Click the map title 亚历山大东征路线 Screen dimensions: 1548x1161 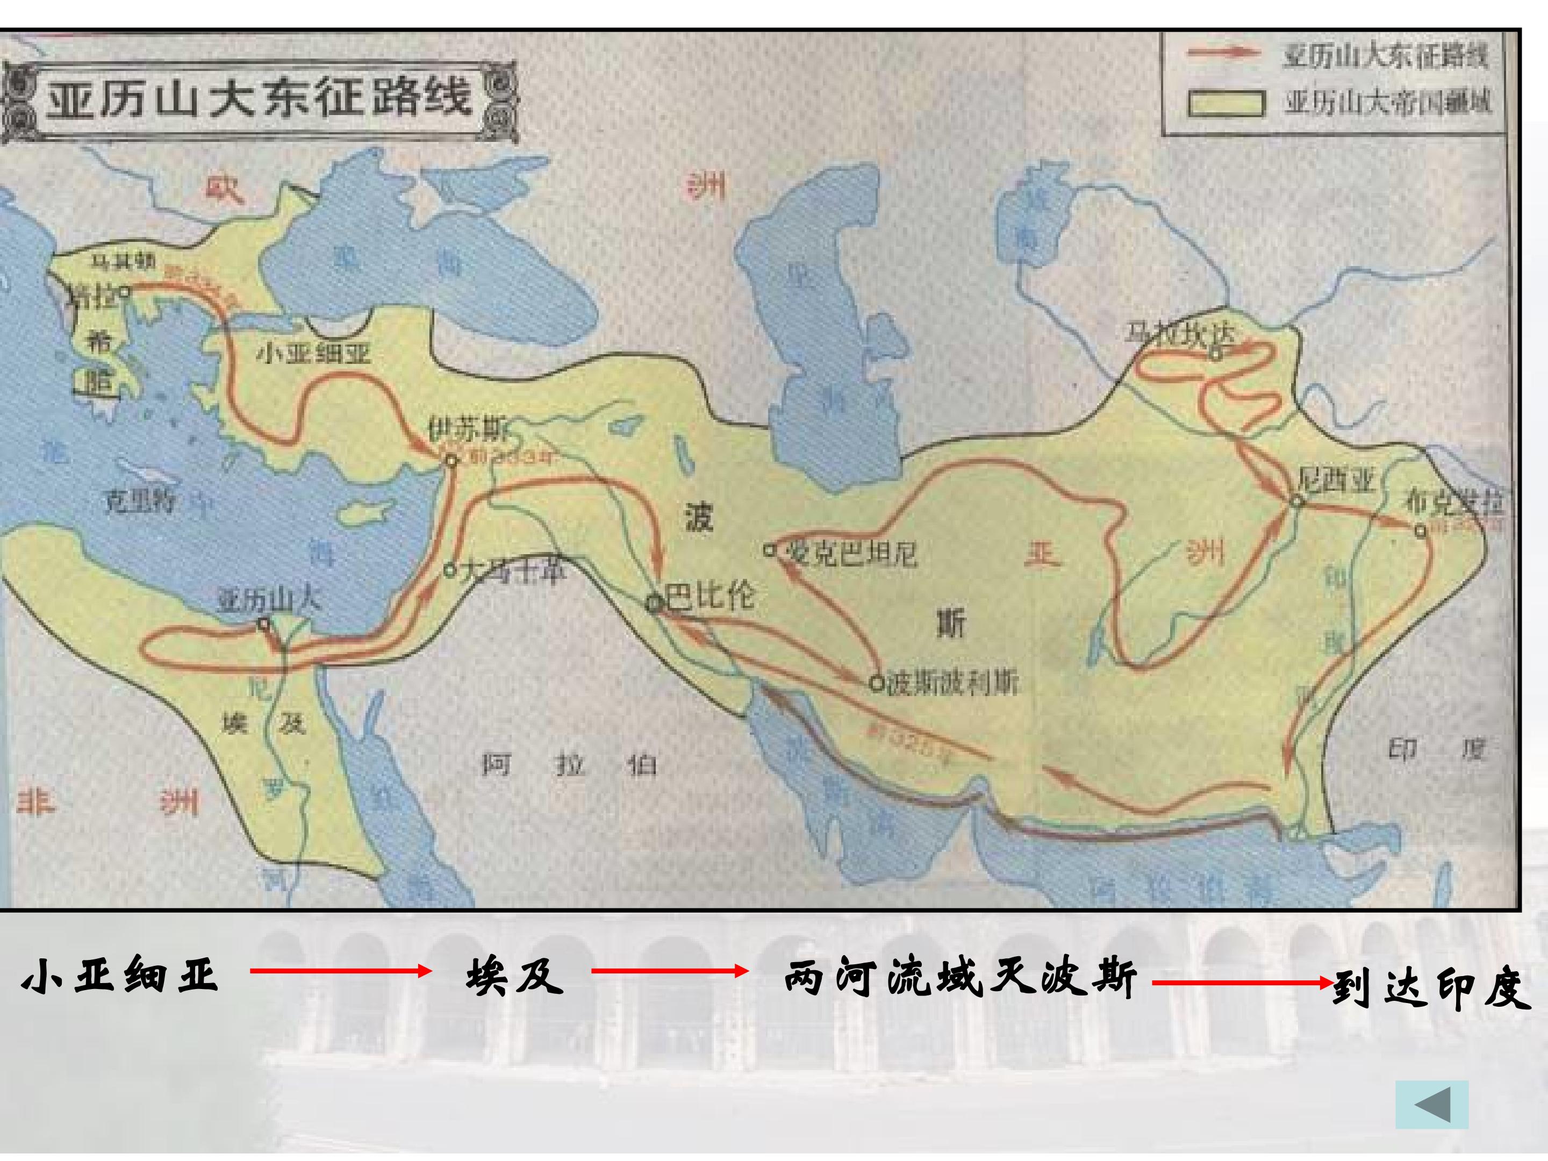(259, 97)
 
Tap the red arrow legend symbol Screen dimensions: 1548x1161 (1222, 54)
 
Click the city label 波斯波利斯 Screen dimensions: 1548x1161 (952, 683)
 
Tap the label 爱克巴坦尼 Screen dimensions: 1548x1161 (850, 554)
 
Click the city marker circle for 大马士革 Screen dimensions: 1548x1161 (450, 570)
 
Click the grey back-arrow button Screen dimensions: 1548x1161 (1432, 1105)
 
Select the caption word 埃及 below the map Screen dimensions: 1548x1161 (514, 976)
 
